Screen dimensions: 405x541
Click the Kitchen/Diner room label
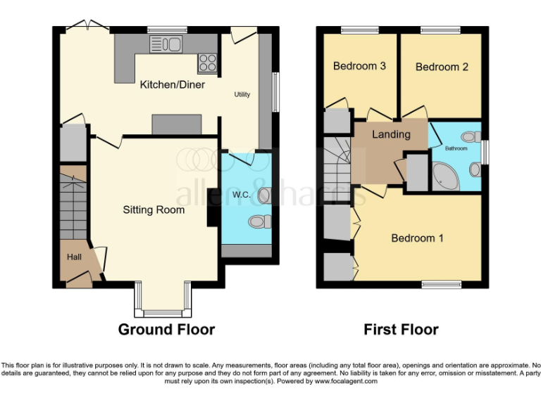tap(173, 85)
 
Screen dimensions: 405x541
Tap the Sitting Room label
tap(154, 210)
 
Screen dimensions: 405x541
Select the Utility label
tap(242, 94)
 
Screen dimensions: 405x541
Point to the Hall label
tap(74, 257)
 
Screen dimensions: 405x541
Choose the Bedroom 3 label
tap(359, 67)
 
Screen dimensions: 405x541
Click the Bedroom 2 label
tap(442, 67)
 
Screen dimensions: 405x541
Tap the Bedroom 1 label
tap(417, 238)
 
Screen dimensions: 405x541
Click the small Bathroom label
tap(456, 148)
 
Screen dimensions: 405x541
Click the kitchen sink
tap(166, 44)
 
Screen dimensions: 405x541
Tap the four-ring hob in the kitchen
tap(207, 63)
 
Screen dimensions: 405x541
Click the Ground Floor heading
tap(166, 329)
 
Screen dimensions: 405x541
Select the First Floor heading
tap(401, 329)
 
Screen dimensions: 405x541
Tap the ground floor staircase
tap(73, 207)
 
